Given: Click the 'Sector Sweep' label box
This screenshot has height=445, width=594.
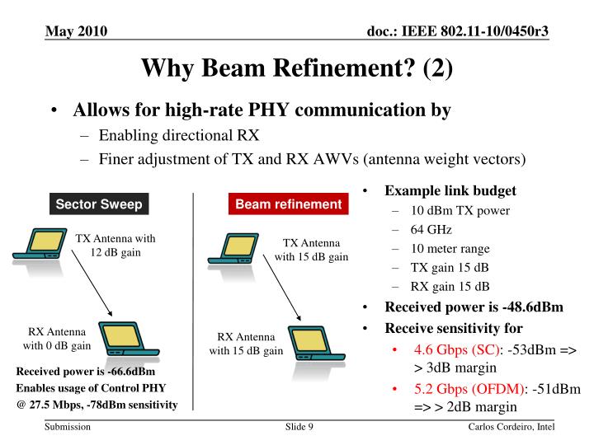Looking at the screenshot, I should pos(98,204).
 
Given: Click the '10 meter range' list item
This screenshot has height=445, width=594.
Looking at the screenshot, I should pos(450,248).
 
